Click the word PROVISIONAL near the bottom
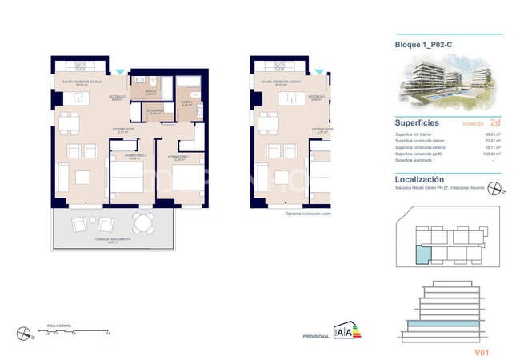click(317, 337)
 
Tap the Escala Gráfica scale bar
click(78, 330)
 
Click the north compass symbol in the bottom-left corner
click(26, 333)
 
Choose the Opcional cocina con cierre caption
click(309, 214)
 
